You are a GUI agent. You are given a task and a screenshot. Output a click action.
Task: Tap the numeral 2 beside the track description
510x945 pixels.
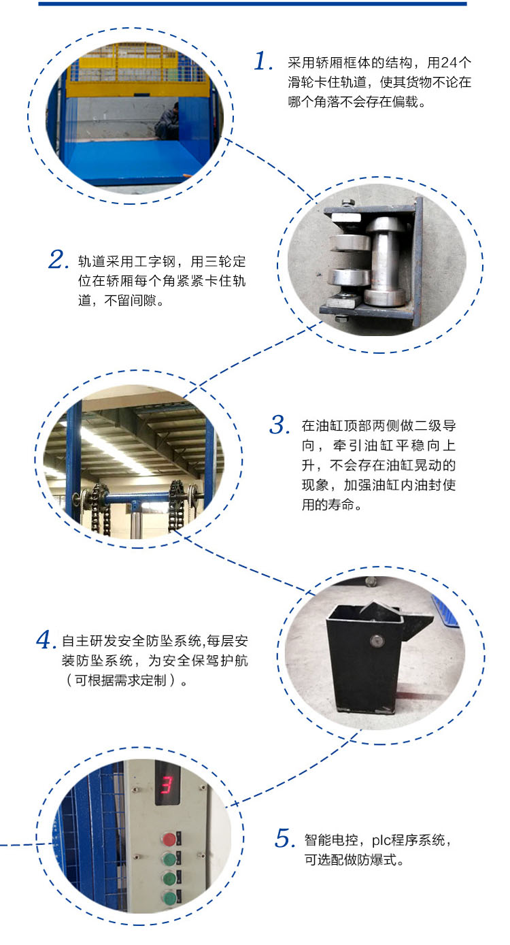[x=59, y=259]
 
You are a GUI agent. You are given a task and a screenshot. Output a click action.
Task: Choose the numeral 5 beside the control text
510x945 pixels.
[x=284, y=838]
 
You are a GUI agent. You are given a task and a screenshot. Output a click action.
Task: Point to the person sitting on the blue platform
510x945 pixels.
[x=167, y=121]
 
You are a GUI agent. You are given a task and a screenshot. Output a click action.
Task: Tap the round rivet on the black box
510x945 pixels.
[x=376, y=640]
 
